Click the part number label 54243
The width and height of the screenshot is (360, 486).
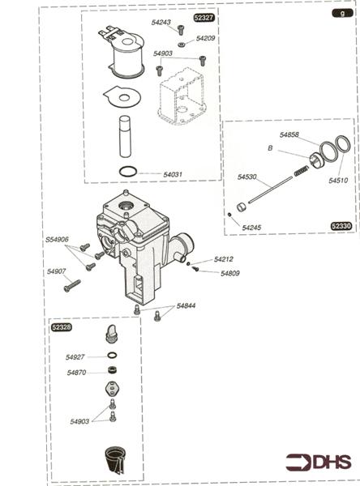[x=161, y=23]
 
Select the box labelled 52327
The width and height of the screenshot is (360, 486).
[x=204, y=17]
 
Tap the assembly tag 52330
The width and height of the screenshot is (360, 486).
[x=341, y=226]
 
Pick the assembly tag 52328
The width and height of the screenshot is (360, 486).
[x=61, y=327]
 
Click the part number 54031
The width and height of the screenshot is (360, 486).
[x=174, y=174]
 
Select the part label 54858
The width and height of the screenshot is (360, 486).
[x=290, y=134]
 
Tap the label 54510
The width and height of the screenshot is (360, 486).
[x=338, y=181]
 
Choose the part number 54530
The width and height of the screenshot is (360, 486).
[x=247, y=177]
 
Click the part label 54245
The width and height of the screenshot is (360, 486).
[x=252, y=228]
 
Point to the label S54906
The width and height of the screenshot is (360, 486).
[x=57, y=239]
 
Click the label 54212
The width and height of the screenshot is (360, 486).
[x=225, y=259]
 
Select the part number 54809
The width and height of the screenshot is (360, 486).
[x=230, y=274]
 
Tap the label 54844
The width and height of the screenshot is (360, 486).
[x=186, y=305]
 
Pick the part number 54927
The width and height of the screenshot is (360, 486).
[x=75, y=356]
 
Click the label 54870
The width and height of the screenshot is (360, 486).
[x=76, y=373]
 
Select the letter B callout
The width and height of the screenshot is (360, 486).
[x=270, y=148]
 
